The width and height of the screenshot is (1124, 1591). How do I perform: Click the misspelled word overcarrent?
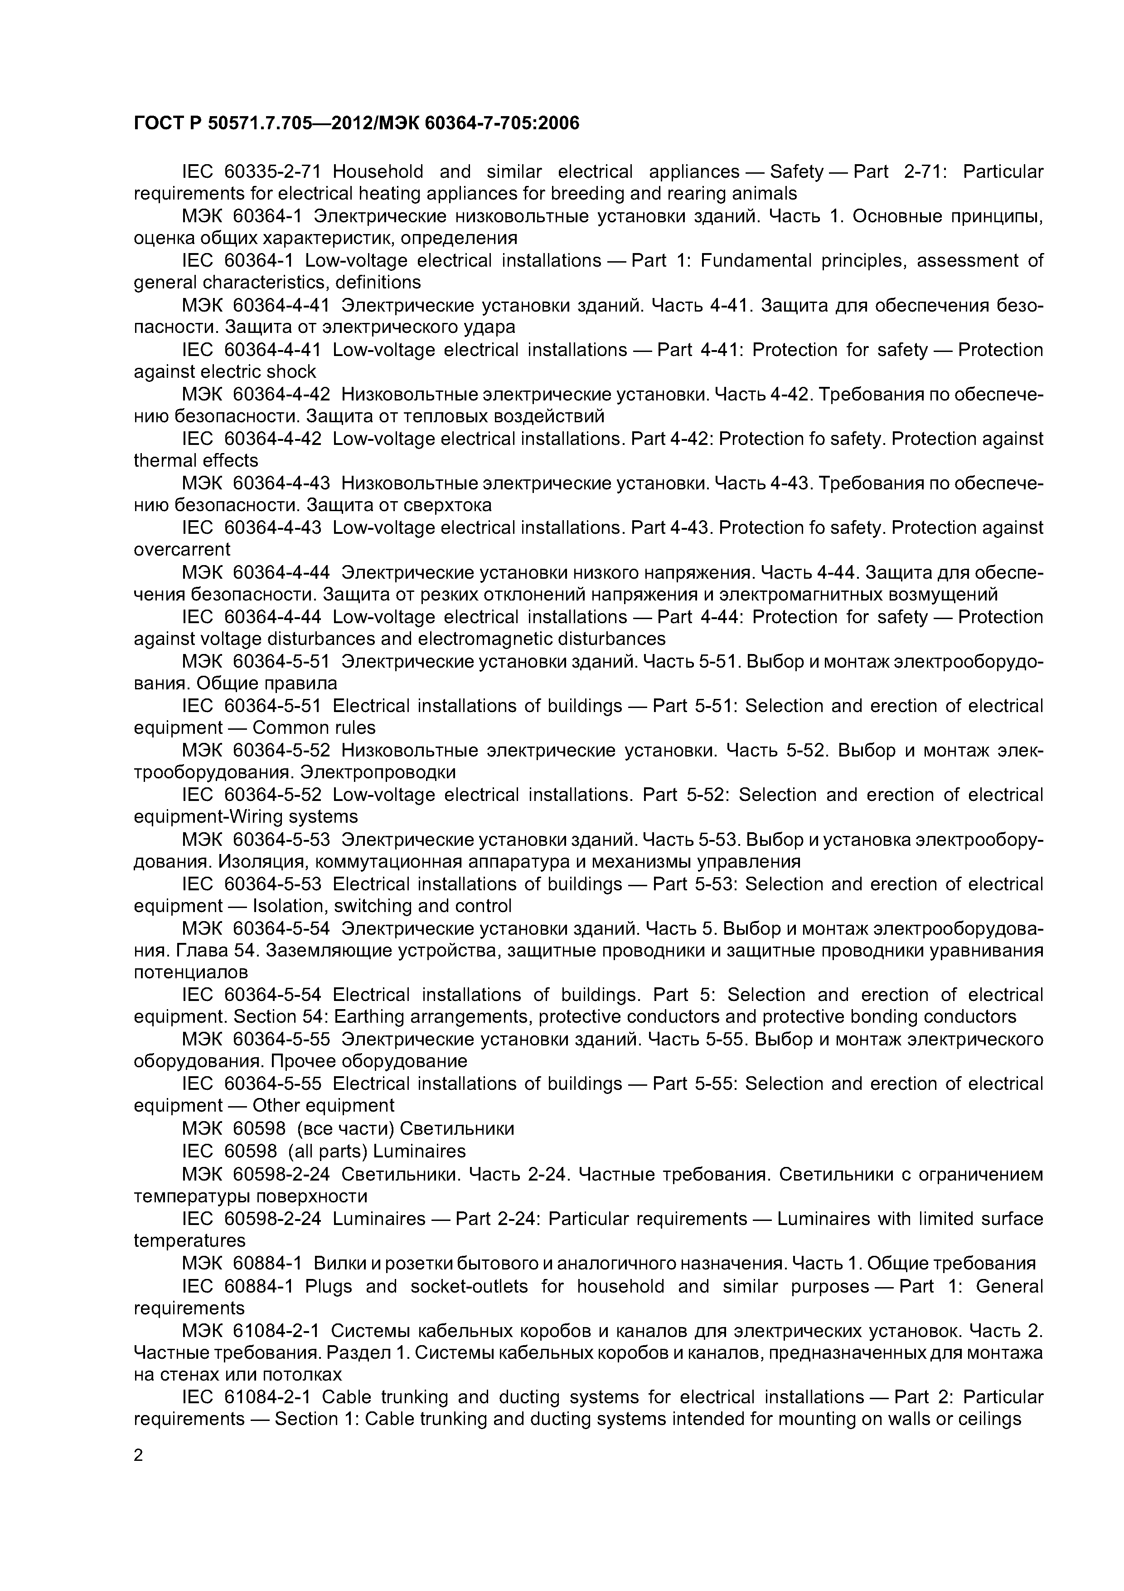click(181, 550)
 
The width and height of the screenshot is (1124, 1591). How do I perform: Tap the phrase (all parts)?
click(328, 1151)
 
